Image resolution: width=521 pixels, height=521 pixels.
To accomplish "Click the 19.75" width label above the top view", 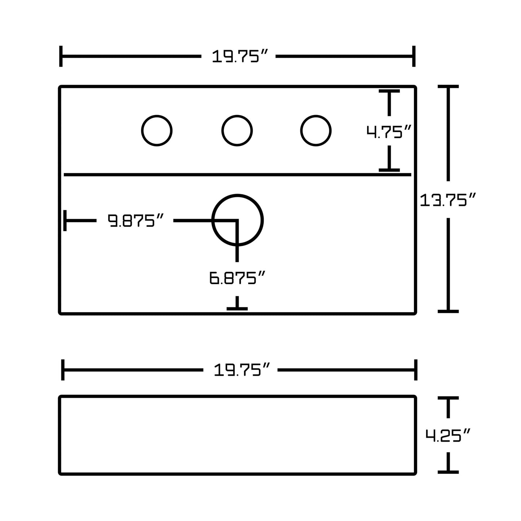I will pyautogui.click(x=238, y=57).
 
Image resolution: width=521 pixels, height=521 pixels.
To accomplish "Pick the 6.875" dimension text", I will pyautogui.click(x=237, y=278).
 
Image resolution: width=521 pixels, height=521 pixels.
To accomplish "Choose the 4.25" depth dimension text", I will pyautogui.click(x=448, y=435).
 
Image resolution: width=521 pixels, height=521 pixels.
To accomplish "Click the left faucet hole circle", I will pyautogui.click(x=157, y=131).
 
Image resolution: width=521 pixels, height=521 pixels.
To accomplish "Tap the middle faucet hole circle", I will pyautogui.click(x=237, y=131).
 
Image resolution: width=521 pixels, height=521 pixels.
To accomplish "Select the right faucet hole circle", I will pyautogui.click(x=316, y=131).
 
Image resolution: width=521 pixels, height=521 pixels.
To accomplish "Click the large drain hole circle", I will pyautogui.click(x=238, y=220).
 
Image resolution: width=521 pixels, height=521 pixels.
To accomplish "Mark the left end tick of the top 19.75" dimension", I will pyautogui.click(x=61, y=56).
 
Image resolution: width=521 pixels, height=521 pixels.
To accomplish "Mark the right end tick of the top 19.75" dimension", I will pyautogui.click(x=414, y=56).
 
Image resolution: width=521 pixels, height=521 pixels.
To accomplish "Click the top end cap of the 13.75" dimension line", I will pyautogui.click(x=448, y=87).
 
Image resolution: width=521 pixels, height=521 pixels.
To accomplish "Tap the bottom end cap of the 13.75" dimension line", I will pyautogui.click(x=448, y=311).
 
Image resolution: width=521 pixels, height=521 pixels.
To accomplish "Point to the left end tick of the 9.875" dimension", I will pyautogui.click(x=65, y=220).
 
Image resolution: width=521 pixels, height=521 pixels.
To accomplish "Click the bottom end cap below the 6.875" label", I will pyautogui.click(x=237, y=308).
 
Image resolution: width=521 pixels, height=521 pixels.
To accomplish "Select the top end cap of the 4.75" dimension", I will pyautogui.click(x=389, y=91).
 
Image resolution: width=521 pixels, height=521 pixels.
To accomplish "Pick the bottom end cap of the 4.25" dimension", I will pyautogui.click(x=448, y=472).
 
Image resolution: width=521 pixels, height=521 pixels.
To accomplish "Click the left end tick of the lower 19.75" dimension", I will pyautogui.click(x=63, y=370).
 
